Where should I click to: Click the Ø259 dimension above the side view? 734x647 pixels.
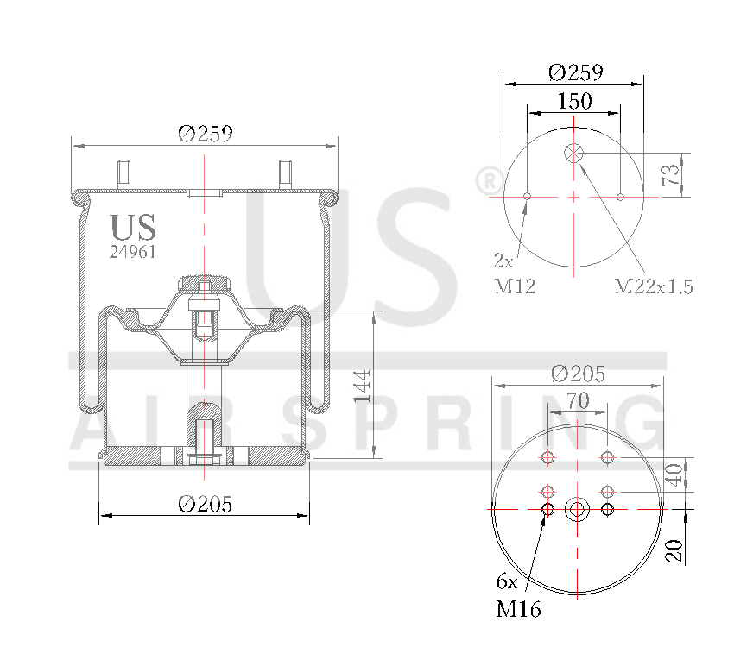[206, 134]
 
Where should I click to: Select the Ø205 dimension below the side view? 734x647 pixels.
[205, 505]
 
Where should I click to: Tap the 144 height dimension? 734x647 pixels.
[363, 386]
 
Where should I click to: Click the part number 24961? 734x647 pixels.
[132, 252]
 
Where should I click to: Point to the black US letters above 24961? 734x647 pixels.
[133, 227]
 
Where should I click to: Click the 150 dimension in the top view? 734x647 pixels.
[574, 101]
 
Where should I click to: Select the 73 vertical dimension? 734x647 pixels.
[670, 175]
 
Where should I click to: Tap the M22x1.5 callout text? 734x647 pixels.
[654, 286]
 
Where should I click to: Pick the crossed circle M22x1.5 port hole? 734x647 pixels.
[574, 154]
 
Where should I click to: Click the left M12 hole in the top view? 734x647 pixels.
[527, 197]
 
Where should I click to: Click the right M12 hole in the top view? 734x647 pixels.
[621, 197]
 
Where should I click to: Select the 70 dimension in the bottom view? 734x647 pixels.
[577, 400]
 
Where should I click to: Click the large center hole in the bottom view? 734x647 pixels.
[577, 509]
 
